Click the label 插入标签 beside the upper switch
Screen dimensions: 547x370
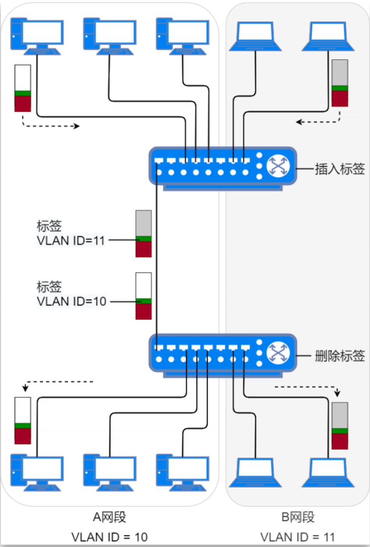point(339,169)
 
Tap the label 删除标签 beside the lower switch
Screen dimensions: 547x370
point(339,356)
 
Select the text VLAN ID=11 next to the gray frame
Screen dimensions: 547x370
point(71,241)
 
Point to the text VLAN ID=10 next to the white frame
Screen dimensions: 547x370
point(72,302)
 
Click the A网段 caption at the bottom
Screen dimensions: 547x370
point(110,517)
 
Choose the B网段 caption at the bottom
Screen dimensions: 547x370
point(298,517)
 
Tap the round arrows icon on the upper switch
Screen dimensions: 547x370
point(278,166)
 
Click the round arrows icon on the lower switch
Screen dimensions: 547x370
point(278,353)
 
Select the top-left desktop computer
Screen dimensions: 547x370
point(37,36)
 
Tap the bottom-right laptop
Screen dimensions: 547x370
point(328,472)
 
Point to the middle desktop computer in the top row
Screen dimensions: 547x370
point(109,36)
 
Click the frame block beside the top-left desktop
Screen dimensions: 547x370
point(23,88)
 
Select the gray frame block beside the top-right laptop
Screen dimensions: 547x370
point(340,83)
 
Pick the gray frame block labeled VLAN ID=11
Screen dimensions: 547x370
point(143,234)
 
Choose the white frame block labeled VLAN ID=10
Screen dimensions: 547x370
point(143,296)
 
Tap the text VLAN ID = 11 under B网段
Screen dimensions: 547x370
point(298,537)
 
